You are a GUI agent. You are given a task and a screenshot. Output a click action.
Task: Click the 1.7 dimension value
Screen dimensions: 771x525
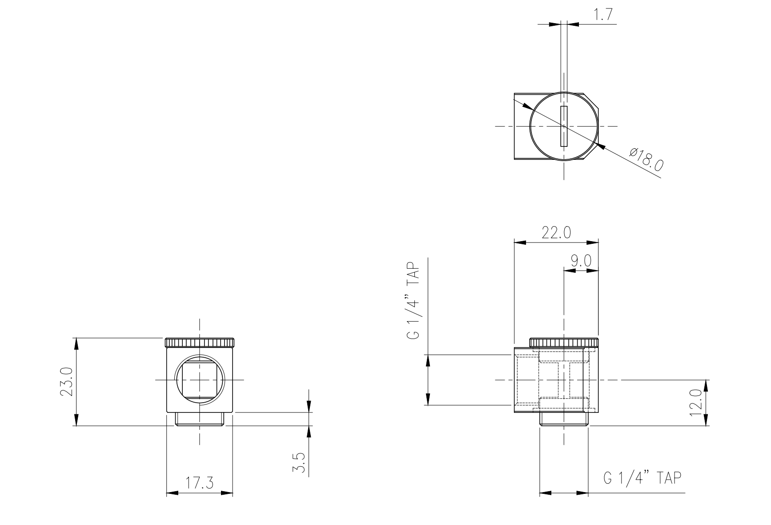point(603,15)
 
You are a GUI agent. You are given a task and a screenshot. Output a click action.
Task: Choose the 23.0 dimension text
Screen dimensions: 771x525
point(67,382)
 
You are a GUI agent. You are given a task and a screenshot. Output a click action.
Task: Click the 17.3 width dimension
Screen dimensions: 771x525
point(200,483)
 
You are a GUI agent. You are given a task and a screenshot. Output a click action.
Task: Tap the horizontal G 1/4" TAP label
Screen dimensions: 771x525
point(642,478)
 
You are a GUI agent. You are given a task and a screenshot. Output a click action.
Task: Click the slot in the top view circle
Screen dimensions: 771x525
point(564,126)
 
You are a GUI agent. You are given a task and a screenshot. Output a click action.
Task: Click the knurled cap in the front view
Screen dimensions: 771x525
point(200,343)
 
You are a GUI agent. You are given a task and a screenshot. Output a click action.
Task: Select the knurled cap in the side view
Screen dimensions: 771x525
point(564,343)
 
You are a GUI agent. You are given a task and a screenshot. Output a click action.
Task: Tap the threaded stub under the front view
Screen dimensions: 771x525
point(200,419)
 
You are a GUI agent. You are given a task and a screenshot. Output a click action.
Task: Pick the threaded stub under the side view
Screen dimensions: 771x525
point(564,419)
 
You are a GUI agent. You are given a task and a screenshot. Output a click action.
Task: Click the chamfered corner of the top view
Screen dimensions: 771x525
point(591,101)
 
